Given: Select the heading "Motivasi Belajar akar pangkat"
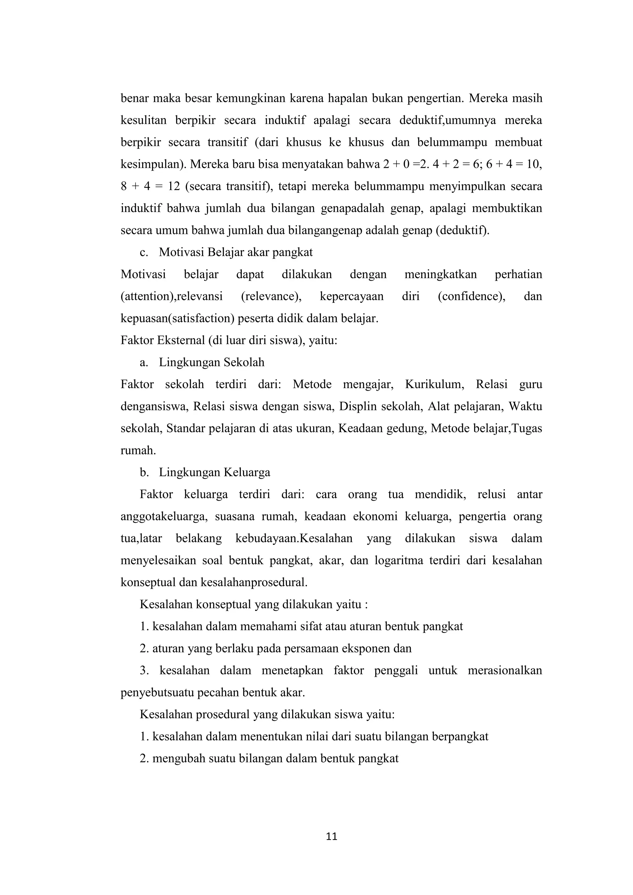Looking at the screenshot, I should click(236, 252).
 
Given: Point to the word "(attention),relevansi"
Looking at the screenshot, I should click(172, 297).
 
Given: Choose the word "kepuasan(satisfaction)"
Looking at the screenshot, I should click(177, 319).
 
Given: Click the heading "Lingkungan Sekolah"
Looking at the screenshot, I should click(211, 363).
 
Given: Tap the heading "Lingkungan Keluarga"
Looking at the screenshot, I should click(215, 473).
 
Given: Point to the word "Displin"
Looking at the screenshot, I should click(357, 407).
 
